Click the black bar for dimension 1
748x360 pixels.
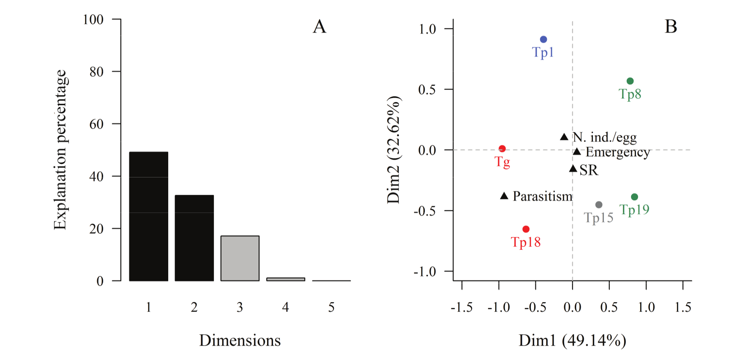point(148,216)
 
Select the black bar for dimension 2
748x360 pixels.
point(194,237)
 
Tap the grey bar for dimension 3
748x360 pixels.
point(240,258)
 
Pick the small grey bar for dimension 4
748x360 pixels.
point(285,279)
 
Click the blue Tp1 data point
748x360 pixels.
point(543,39)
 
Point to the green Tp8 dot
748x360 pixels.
point(630,81)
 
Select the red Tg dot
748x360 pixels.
point(502,149)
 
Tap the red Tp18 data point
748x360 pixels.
point(526,229)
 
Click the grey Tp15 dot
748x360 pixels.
point(599,205)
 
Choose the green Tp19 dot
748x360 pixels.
point(634,197)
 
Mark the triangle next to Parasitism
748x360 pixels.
point(504,196)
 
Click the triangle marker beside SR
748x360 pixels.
point(573,169)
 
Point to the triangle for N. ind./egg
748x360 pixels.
point(564,137)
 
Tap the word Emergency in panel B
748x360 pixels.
point(617,152)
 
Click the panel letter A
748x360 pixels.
point(319,27)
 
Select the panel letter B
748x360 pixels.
point(671,27)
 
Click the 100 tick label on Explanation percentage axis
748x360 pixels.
point(93,19)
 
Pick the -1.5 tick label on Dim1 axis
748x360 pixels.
point(461,307)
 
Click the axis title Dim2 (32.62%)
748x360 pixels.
point(393,150)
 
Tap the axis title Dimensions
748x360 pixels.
point(240,341)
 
